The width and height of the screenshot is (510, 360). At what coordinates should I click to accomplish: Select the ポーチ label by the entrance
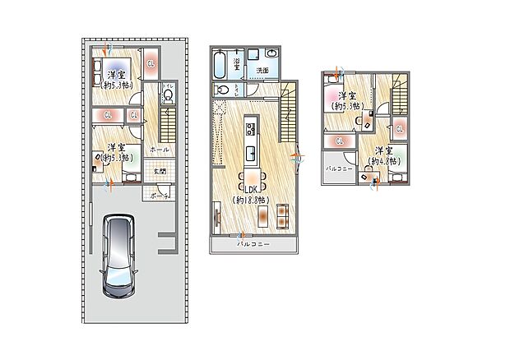pyautogui.click(x=160, y=196)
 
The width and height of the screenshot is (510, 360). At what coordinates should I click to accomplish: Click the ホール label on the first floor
pyautogui.click(x=160, y=150)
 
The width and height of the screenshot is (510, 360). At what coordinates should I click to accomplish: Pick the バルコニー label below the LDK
pyautogui.click(x=254, y=245)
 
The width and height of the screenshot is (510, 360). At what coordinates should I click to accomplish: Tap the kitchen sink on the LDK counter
pyautogui.click(x=253, y=153)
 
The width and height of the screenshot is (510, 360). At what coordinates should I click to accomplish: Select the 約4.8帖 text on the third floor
pyautogui.click(x=382, y=162)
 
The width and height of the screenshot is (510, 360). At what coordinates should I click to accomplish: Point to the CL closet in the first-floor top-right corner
pyautogui.click(x=151, y=63)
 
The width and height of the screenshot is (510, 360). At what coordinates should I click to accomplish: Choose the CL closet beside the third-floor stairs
pyautogui.click(x=399, y=128)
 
